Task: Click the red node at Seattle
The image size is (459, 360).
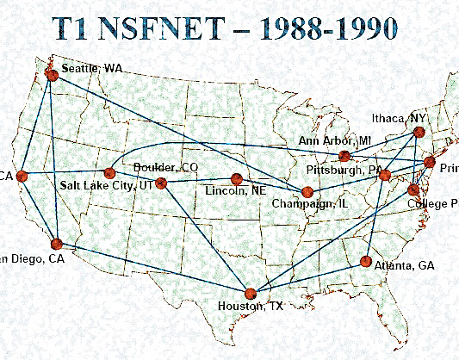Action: point(52,76)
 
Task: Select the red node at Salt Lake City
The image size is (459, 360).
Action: point(109,173)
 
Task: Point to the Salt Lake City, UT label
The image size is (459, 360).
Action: point(104,185)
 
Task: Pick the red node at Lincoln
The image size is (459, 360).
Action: point(236,179)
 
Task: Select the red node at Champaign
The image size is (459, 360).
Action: point(307,191)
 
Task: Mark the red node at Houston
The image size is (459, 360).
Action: point(251,294)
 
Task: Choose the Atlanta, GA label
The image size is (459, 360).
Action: point(405,265)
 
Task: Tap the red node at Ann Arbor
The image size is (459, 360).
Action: point(344,156)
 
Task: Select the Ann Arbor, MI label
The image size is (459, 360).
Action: point(335,140)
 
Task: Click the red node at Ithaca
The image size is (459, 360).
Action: point(419,132)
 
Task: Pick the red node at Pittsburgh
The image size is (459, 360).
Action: point(385,175)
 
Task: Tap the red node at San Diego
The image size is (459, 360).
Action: point(56,244)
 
